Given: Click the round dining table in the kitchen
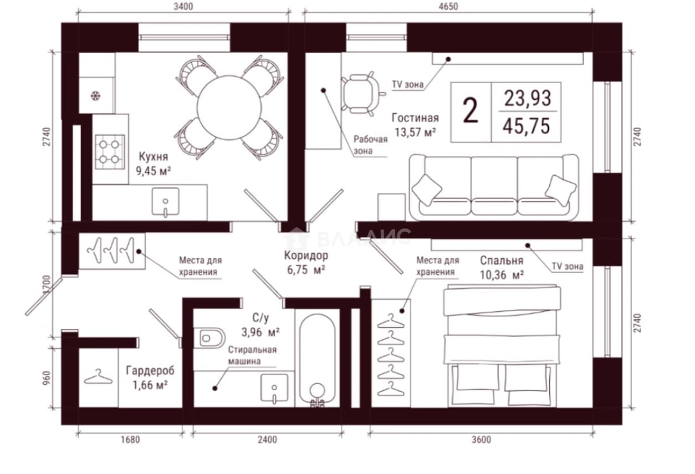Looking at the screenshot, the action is [x=229, y=108].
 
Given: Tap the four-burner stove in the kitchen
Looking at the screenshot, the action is [x=110, y=152].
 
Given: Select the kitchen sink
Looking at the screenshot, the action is [x=165, y=202].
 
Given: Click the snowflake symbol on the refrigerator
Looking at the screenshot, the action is [x=95, y=95].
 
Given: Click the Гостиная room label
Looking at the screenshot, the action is [x=415, y=118].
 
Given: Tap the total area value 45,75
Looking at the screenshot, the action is [x=527, y=126].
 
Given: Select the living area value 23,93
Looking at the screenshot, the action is [x=527, y=98].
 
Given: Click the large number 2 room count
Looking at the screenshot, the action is [x=470, y=111].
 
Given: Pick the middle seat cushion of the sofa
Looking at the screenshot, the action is [x=494, y=185].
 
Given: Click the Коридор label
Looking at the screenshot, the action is [x=306, y=256].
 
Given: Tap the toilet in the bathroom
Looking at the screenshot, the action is [x=209, y=338].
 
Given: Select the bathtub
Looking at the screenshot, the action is [x=318, y=360].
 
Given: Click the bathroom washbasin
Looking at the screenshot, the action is [x=274, y=389].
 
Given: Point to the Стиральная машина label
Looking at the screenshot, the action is [x=252, y=355].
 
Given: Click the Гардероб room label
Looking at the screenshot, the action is [x=150, y=370].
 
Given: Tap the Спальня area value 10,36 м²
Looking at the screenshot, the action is [x=502, y=275].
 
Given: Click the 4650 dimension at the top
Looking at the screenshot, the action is [x=448, y=7].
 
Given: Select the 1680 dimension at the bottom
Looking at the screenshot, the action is [x=130, y=440].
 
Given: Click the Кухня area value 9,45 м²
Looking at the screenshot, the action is [x=154, y=171].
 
